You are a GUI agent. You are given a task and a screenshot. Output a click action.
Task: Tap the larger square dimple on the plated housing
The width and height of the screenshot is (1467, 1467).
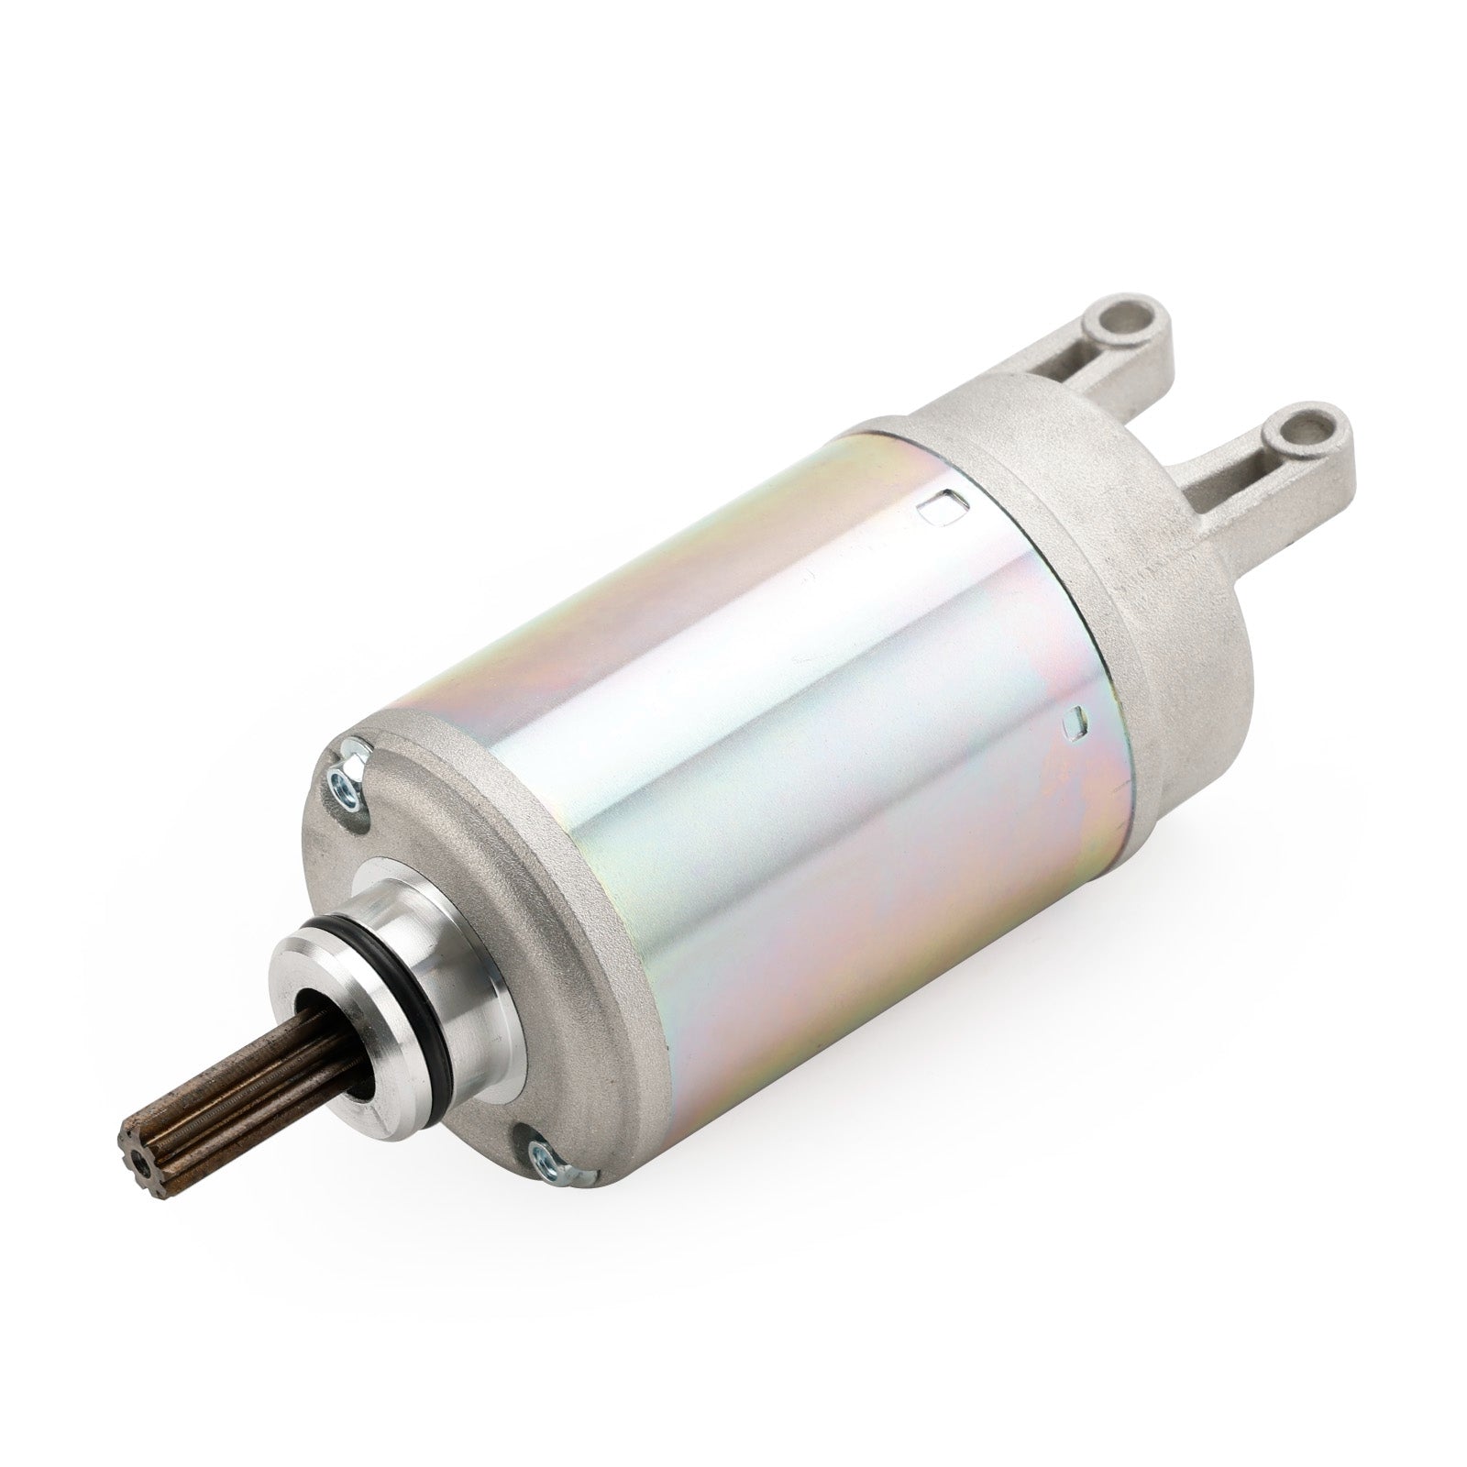click(939, 504)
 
